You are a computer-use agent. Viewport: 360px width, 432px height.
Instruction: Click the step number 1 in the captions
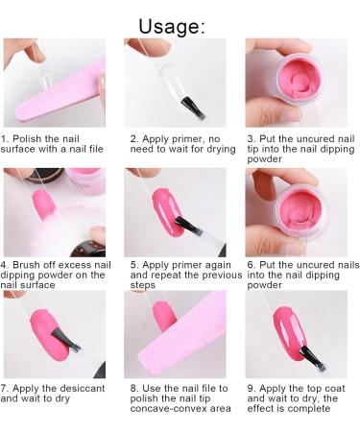5,139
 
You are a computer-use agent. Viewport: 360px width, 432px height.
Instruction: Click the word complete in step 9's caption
309,409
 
